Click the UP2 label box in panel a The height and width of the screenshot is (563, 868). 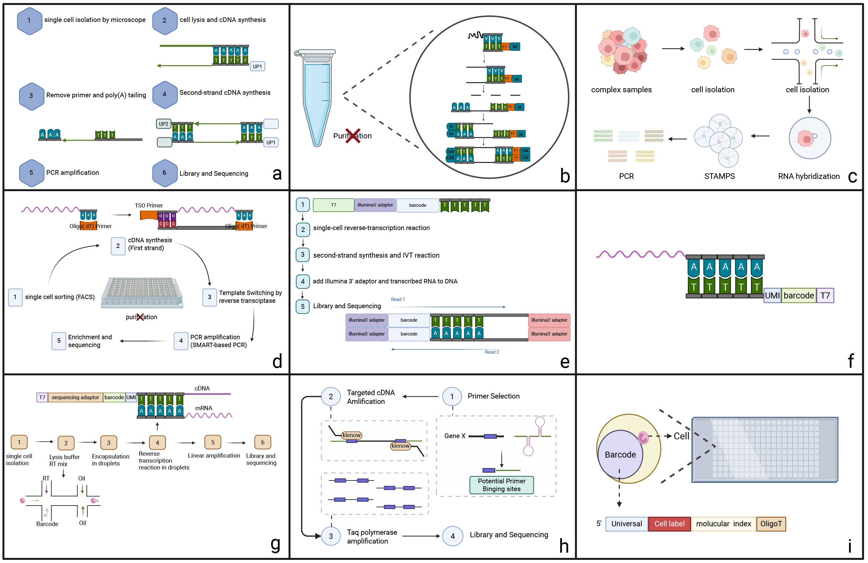[x=163, y=124]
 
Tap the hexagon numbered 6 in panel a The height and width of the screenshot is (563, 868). [x=164, y=173]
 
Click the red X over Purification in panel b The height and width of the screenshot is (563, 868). [x=353, y=136]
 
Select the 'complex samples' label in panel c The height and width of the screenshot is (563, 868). [x=621, y=90]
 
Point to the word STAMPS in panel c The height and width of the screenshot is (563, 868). [x=719, y=176]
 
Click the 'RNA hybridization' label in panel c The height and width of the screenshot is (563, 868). [x=809, y=176]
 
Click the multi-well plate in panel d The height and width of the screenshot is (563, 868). [x=142, y=292]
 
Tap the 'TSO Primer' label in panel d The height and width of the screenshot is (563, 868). [x=149, y=205]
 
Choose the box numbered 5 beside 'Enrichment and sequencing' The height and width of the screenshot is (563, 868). [x=59, y=341]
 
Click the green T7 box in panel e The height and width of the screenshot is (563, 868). [x=333, y=205]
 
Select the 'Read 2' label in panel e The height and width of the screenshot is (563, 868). [x=492, y=352]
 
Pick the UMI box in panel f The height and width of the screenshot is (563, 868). [x=772, y=295]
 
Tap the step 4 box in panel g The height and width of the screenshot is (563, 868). [x=157, y=443]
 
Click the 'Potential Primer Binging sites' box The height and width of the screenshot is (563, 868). [x=501, y=485]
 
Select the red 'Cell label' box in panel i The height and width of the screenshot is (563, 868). [x=669, y=524]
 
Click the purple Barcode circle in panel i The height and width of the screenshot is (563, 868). [x=620, y=455]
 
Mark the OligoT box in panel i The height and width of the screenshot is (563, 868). [x=771, y=524]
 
